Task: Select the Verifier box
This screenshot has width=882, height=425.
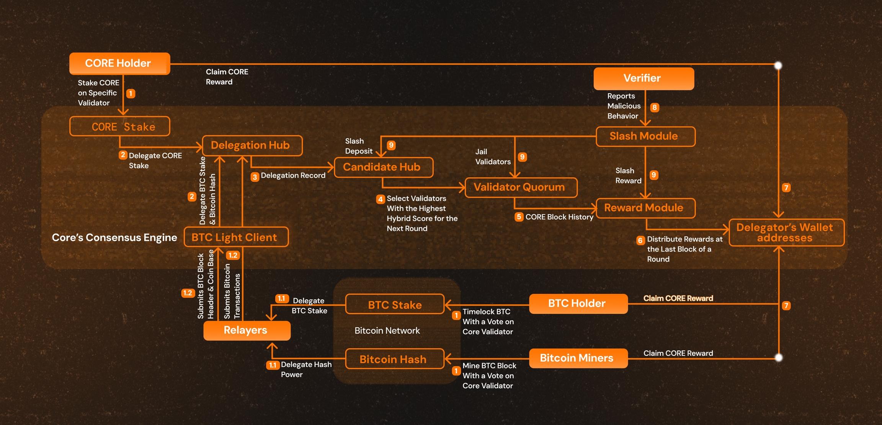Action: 644,79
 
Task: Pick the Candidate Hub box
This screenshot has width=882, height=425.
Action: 383,167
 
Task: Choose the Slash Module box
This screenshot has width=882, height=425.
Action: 645,136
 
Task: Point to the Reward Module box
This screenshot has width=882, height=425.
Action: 645,208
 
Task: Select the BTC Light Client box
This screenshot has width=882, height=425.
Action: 236,237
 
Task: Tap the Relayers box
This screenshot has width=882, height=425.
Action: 247,330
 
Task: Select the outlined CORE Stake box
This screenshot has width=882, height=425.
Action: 119,127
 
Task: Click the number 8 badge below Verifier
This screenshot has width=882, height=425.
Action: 655,107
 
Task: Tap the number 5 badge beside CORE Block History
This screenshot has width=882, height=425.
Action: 519,217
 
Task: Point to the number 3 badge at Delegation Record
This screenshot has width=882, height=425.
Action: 255,177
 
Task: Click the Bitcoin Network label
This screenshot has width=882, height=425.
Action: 387,331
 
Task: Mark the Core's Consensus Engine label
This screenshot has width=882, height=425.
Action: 114,238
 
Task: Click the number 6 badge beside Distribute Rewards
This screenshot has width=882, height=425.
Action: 640,240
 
